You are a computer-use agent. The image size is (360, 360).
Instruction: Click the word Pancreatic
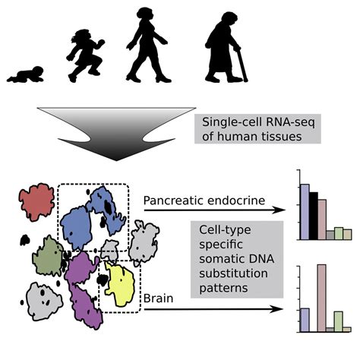172,201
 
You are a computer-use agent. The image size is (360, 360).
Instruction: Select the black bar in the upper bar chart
313,216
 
